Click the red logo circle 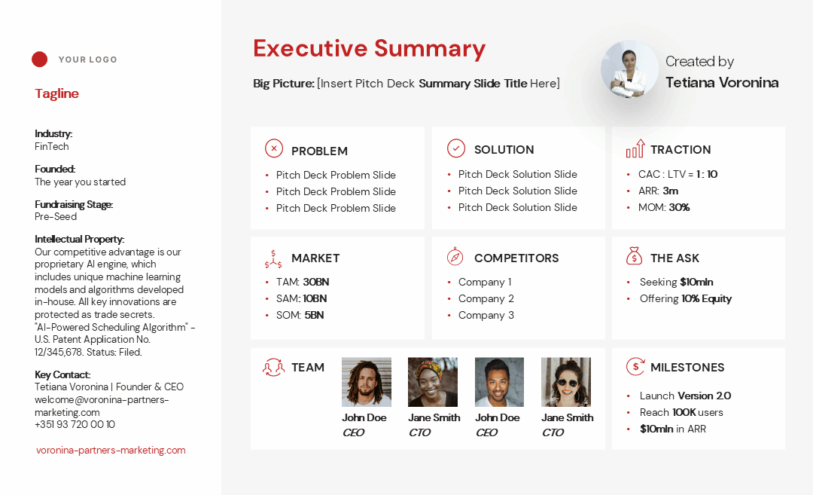[39, 60]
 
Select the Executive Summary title [369, 49]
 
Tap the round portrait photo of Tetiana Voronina [629, 69]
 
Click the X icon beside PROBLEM [274, 148]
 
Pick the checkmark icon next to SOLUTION [456, 148]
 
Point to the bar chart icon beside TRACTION [635, 148]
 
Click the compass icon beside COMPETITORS [455, 256]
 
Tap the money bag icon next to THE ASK [634, 256]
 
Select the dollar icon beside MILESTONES [635, 366]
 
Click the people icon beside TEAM [273, 367]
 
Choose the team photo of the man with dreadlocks [367, 382]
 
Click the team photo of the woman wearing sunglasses [565, 382]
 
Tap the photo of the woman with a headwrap [433, 382]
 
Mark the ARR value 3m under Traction [671, 191]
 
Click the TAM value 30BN [315, 283]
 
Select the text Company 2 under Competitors [486, 299]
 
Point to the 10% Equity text [706, 299]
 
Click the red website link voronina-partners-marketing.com [111, 451]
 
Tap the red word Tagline [56, 93]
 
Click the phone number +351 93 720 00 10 [75, 424]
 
